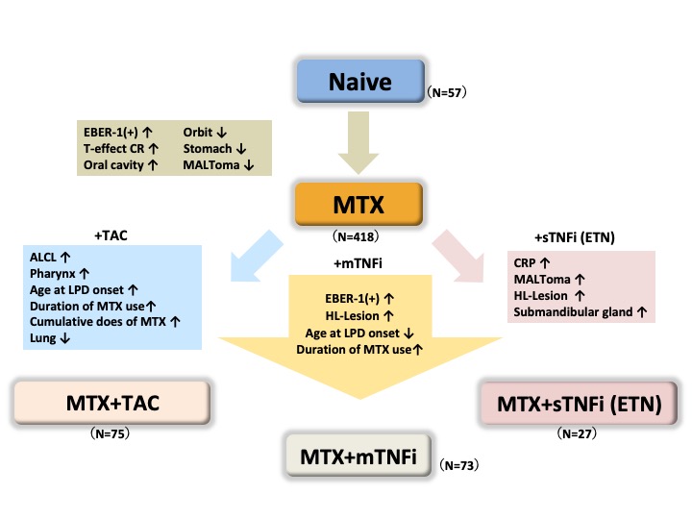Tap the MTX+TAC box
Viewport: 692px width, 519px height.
(111, 403)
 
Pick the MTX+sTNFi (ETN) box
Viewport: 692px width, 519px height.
(580, 403)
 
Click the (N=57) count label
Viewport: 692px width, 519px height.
(446, 93)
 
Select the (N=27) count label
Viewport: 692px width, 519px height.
(580, 434)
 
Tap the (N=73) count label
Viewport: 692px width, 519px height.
(459, 466)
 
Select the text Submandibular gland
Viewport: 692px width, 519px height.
(575, 312)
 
